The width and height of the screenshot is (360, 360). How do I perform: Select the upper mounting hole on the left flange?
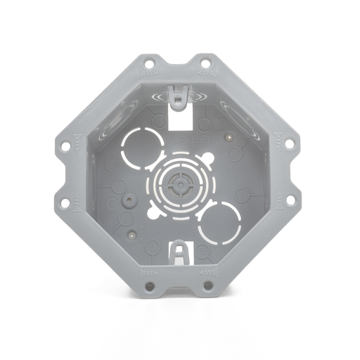coord(65,147)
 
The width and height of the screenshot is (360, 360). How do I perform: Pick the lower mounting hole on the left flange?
coord(65,203)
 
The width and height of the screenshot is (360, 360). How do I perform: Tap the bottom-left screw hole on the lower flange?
coord(149,286)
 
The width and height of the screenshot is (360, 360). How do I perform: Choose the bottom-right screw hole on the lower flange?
coord(207,286)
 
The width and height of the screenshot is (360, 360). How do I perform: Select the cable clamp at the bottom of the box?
coord(181,252)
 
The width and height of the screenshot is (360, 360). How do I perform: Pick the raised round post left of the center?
coord(128,199)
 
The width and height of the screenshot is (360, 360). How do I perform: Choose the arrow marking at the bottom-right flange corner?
coord(207,270)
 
